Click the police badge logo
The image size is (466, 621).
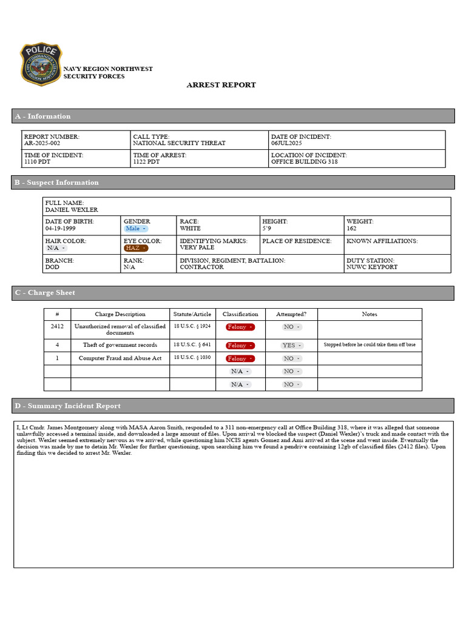click(x=41, y=64)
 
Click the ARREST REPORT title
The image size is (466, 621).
click(x=221, y=85)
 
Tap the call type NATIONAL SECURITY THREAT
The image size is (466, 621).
click(x=179, y=144)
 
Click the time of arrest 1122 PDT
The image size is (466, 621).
click(x=146, y=163)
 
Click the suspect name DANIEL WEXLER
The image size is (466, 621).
click(x=71, y=210)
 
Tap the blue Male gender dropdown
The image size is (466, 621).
click(x=136, y=229)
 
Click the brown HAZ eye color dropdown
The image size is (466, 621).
click(x=136, y=248)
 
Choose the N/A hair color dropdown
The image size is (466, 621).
click(x=56, y=248)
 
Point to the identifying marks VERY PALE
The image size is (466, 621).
click(x=197, y=248)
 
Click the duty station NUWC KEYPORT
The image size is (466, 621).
click(x=372, y=267)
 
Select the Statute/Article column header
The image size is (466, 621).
click(x=192, y=314)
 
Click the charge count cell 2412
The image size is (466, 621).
click(x=57, y=327)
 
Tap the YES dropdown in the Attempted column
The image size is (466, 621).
click(x=292, y=346)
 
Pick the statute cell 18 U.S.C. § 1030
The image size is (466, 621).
click(x=192, y=358)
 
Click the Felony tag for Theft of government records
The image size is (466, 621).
click(x=240, y=346)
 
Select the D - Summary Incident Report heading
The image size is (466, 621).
click(x=67, y=406)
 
